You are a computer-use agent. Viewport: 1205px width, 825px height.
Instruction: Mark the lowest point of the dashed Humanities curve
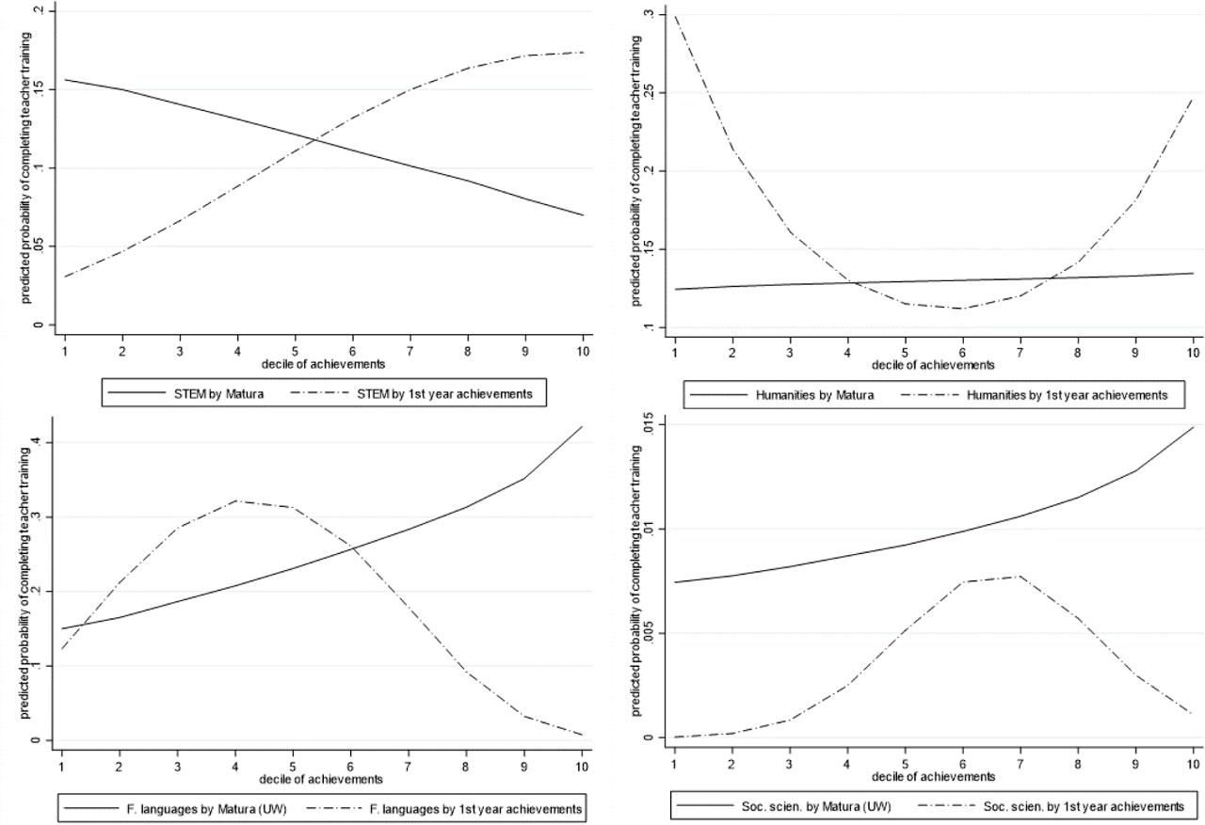pyautogui.click(x=962, y=309)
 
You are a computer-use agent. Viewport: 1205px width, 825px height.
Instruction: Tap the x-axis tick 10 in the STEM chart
pyautogui.click(x=583, y=349)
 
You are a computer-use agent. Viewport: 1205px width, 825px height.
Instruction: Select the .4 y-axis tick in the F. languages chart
pyautogui.click(x=35, y=442)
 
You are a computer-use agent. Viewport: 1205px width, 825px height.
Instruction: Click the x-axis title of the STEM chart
pyautogui.click(x=322, y=363)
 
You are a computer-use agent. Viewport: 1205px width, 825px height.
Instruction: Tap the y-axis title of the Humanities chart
pyautogui.click(x=637, y=170)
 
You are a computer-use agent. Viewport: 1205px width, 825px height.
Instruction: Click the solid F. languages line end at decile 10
pyautogui.click(x=583, y=427)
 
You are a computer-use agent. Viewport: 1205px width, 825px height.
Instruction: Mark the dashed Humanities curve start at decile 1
pyautogui.click(x=674, y=15)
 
